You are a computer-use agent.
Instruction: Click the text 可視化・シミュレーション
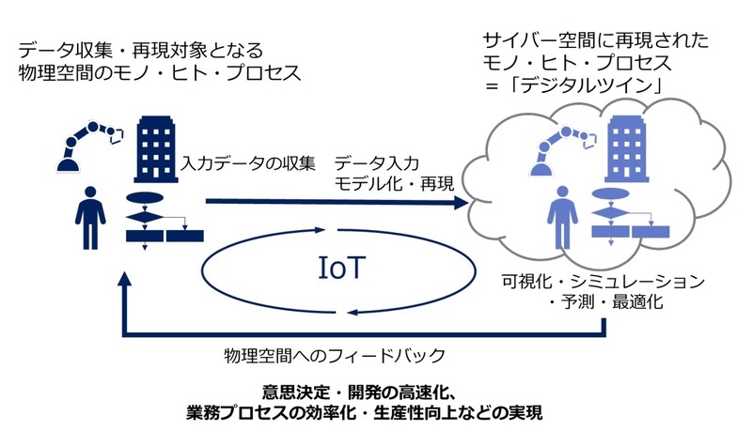pyautogui.click(x=603, y=282)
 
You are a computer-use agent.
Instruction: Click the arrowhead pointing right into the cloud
pyautogui.click(x=462, y=201)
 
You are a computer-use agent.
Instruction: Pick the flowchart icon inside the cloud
pyautogui.click(x=621, y=222)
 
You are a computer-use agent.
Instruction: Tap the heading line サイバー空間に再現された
pyautogui.click(x=595, y=40)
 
